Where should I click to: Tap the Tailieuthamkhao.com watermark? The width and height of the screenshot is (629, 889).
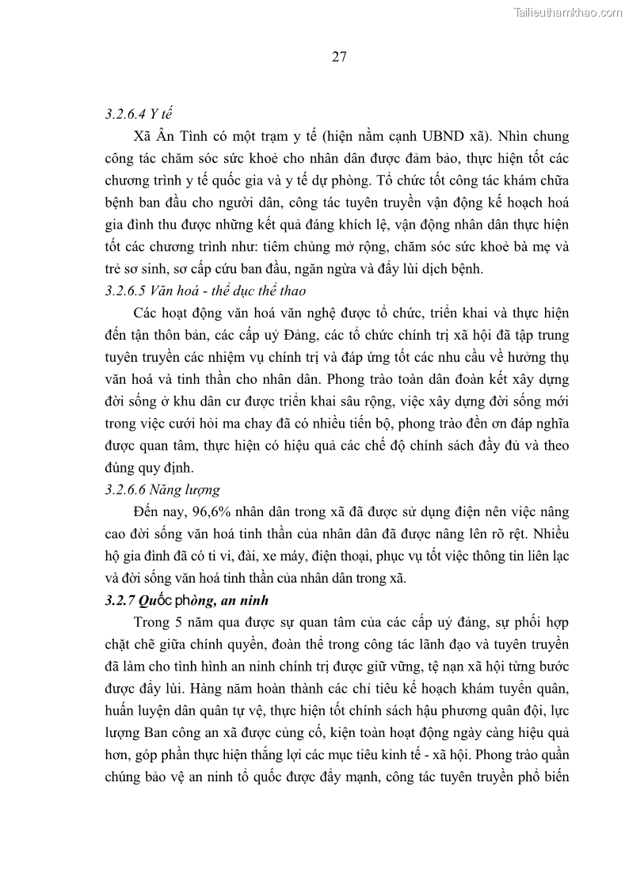click(x=568, y=12)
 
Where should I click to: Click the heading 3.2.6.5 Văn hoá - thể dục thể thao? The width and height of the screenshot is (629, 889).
click(x=205, y=291)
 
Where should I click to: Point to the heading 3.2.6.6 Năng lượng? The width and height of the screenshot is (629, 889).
click(x=162, y=489)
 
